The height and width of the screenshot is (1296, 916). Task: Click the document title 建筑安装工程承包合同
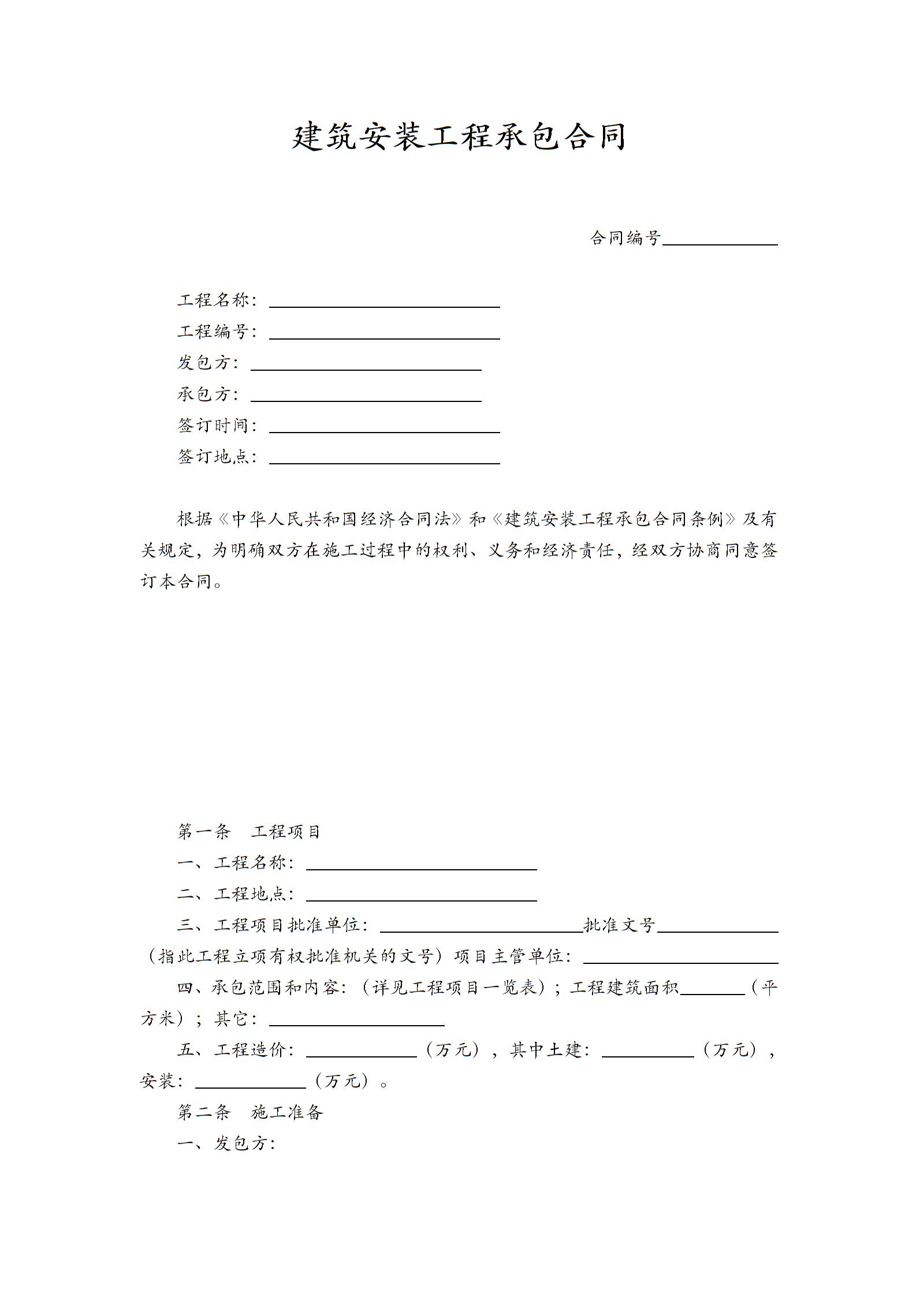click(x=459, y=136)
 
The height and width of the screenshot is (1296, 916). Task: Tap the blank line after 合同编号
click(x=720, y=240)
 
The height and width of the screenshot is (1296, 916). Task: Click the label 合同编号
click(x=625, y=237)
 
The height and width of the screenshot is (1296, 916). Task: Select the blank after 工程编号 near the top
click(x=384, y=333)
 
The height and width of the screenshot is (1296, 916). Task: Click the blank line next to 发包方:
click(x=366, y=364)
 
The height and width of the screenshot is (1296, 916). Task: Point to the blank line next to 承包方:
click(x=366, y=396)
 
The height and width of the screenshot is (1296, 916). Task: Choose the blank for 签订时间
click(x=384, y=427)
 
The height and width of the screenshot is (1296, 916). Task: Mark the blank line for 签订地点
click(x=384, y=458)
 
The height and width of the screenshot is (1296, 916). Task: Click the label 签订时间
click(x=213, y=426)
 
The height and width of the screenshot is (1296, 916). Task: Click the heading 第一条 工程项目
click(x=248, y=832)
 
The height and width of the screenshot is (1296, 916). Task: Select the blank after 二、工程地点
click(x=421, y=895)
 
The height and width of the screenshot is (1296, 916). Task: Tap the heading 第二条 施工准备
click(x=250, y=1112)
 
